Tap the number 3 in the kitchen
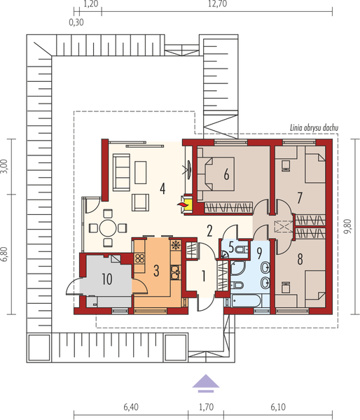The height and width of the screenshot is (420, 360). pyautogui.click(x=157, y=269)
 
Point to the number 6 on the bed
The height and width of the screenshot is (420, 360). pyautogui.click(x=226, y=175)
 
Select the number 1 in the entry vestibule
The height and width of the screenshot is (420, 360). pyautogui.click(x=203, y=276)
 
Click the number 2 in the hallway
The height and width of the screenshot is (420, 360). pyautogui.click(x=209, y=230)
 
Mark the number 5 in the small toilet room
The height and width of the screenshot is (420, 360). pyautogui.click(x=230, y=247)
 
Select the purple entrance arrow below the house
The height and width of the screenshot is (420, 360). pyautogui.click(x=204, y=382)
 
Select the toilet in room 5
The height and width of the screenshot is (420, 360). pyautogui.click(x=242, y=249)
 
